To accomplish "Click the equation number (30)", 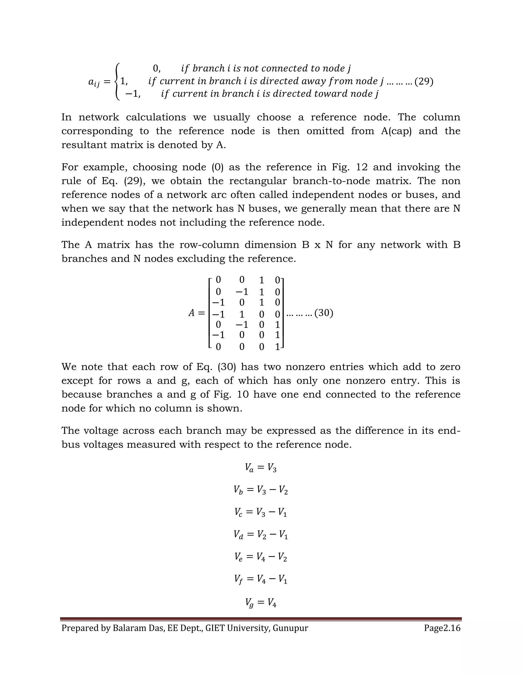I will pyautogui.click(x=323, y=313).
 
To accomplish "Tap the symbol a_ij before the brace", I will pyautogui.click(x=94, y=82).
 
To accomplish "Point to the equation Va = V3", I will pyautogui.click(x=261, y=468).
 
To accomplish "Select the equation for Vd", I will pyautogui.click(x=261, y=534).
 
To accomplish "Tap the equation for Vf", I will pyautogui.click(x=261, y=579).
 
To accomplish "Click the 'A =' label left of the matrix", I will pyautogui.click(x=196, y=313).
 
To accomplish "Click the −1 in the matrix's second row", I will pyautogui.click(x=242, y=292).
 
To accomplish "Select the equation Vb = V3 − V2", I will pyautogui.click(x=261, y=490).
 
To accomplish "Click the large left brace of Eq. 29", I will pyautogui.click(x=116, y=81).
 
